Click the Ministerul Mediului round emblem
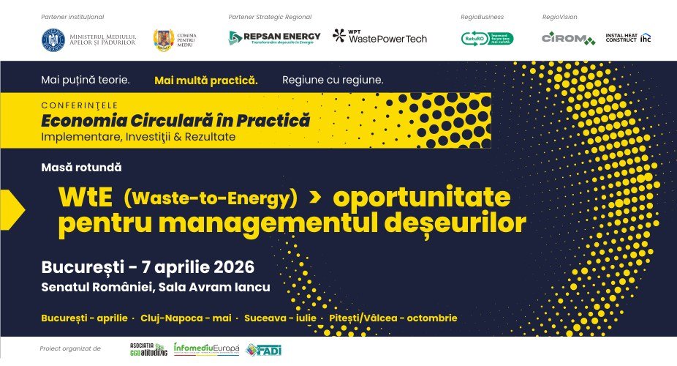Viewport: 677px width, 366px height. click(x=53, y=38)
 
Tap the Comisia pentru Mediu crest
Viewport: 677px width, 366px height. click(x=163, y=38)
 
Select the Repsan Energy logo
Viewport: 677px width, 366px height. click(x=274, y=37)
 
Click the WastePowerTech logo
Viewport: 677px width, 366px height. click(x=379, y=37)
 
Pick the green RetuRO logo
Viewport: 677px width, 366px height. click(x=487, y=38)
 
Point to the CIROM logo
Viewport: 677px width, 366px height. click(x=568, y=38)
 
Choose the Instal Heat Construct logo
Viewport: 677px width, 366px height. click(x=628, y=37)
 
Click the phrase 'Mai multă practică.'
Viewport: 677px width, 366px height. click(x=205, y=80)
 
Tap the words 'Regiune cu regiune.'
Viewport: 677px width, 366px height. click(x=332, y=80)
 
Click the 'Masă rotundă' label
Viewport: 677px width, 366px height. click(x=82, y=168)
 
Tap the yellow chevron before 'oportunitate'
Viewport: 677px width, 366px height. click(x=316, y=198)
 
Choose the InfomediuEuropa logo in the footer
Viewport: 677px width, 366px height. click(x=206, y=350)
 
